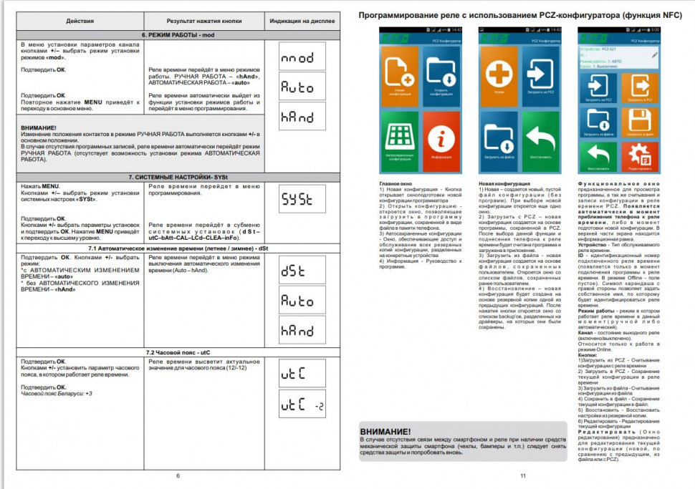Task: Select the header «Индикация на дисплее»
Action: click(x=302, y=22)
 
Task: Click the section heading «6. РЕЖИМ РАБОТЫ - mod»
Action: click(x=177, y=35)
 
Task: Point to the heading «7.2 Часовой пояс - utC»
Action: click(x=177, y=353)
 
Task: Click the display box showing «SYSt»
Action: click(x=302, y=200)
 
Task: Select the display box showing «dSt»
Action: click(x=302, y=271)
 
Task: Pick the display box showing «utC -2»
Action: click(x=302, y=405)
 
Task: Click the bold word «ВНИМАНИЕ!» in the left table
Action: click(x=39, y=127)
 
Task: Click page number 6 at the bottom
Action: click(x=178, y=476)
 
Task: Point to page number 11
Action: click(x=523, y=476)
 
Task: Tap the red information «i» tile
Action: click(x=441, y=137)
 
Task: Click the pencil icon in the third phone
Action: click(x=653, y=54)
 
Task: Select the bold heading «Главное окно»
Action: click(x=394, y=184)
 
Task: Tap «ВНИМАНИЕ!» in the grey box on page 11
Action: click(x=387, y=432)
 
